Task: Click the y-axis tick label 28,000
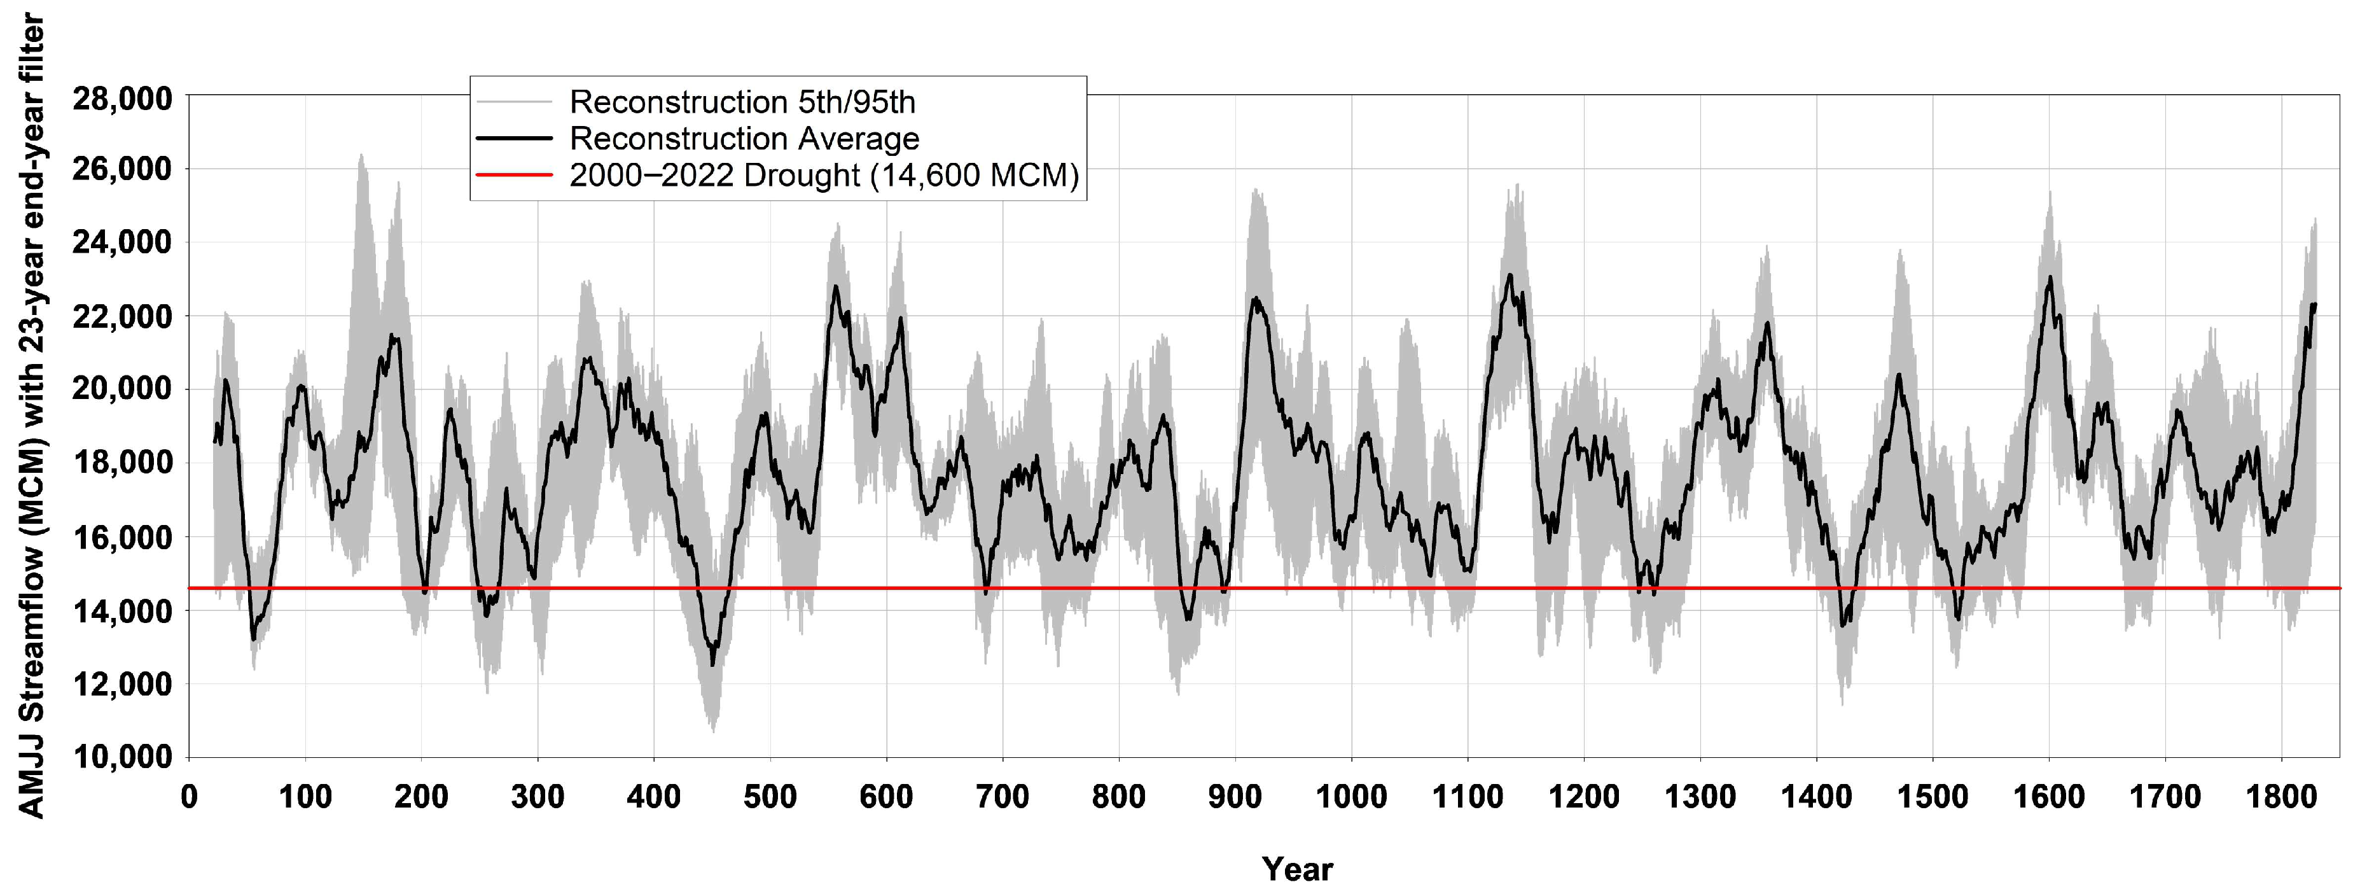(122, 98)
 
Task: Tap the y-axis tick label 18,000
(122, 463)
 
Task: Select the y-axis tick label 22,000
(122, 317)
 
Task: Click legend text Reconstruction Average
(744, 138)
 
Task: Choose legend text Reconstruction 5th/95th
(742, 102)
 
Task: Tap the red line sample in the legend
(514, 175)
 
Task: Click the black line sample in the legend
(514, 138)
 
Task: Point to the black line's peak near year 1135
(1509, 275)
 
